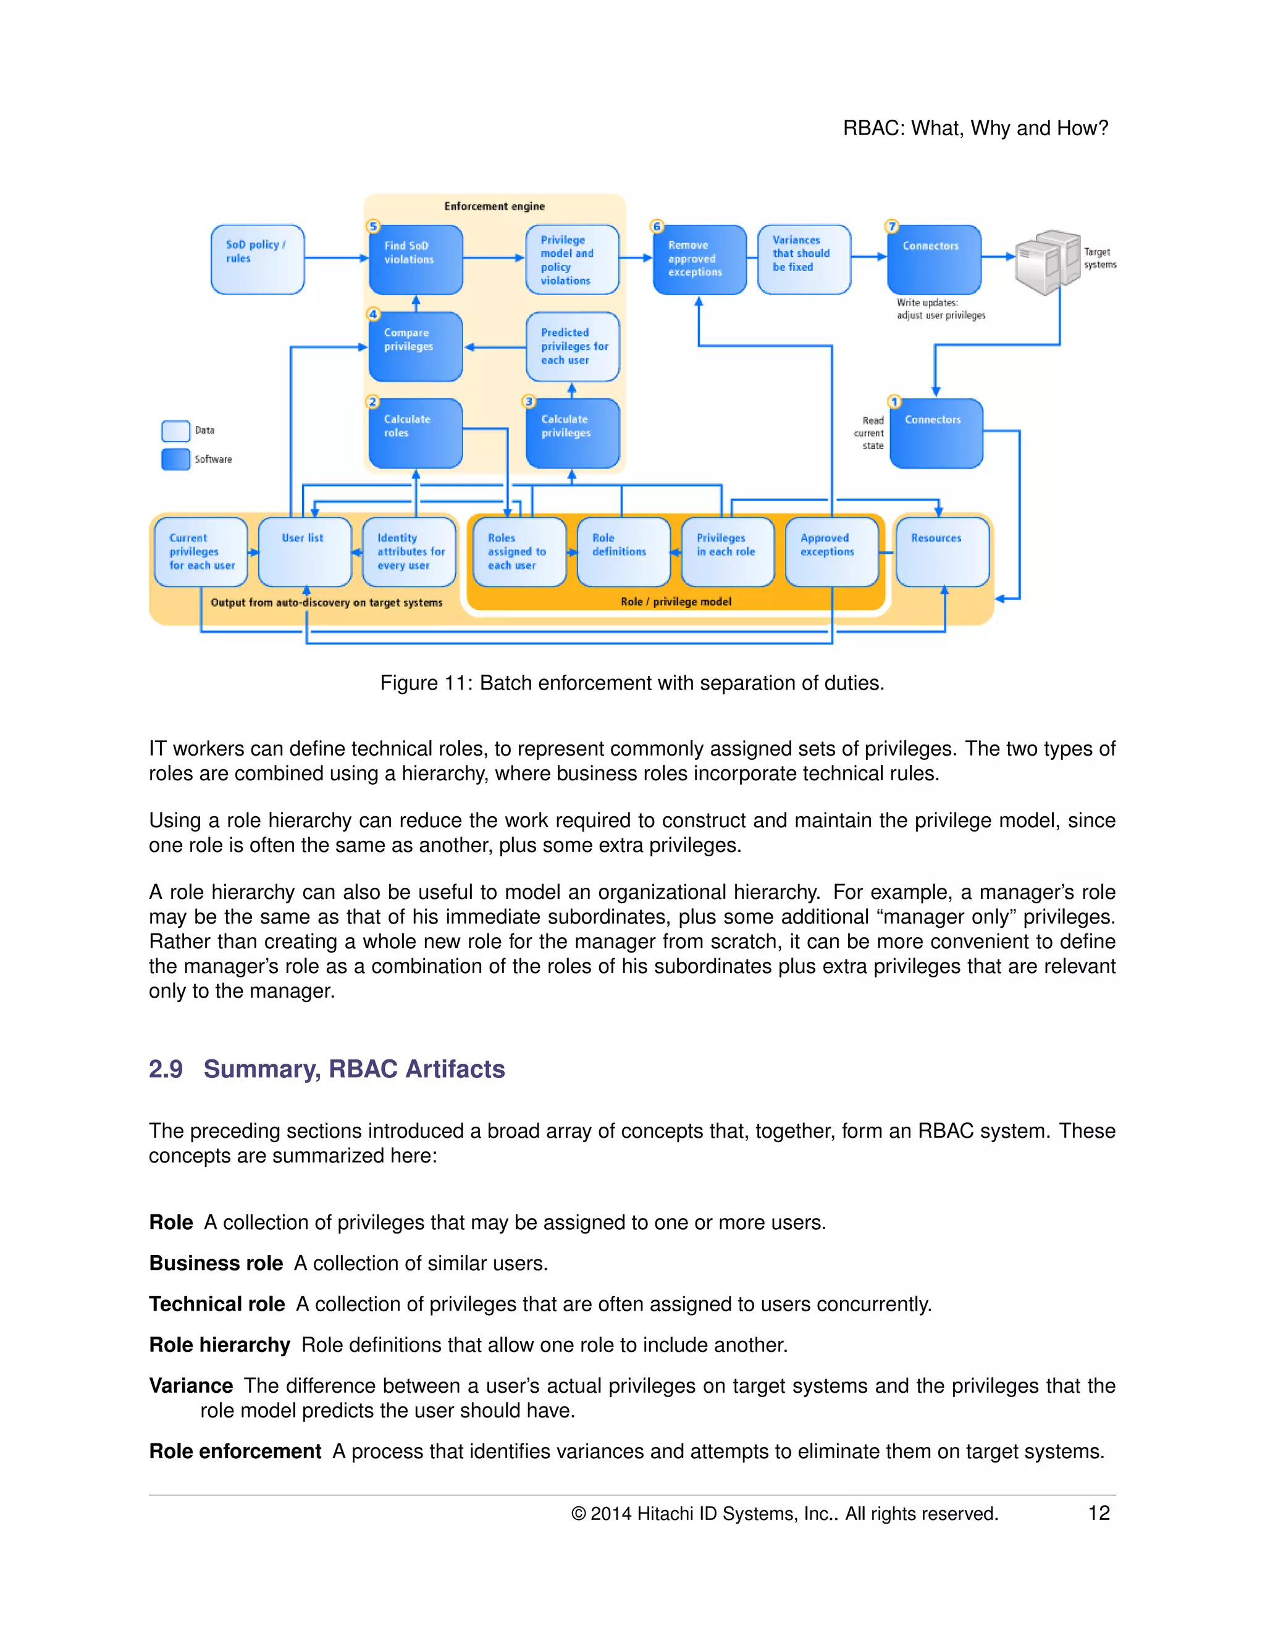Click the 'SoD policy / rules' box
(x=257, y=259)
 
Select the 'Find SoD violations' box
(x=415, y=259)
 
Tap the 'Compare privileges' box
(x=415, y=346)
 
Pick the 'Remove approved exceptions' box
(x=699, y=259)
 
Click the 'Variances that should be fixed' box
(x=804, y=259)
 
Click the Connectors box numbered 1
(x=936, y=433)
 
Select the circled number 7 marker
(x=891, y=226)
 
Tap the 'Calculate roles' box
(x=415, y=433)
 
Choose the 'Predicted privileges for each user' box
(x=573, y=346)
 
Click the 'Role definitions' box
(x=623, y=551)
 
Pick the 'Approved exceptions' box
(x=831, y=551)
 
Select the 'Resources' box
(x=942, y=551)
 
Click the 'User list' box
(x=305, y=551)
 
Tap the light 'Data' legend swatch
(x=175, y=431)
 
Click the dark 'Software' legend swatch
(x=175, y=459)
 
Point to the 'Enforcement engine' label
(x=494, y=206)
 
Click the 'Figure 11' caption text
(x=632, y=683)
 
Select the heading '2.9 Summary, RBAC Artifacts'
(x=327, y=1069)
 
